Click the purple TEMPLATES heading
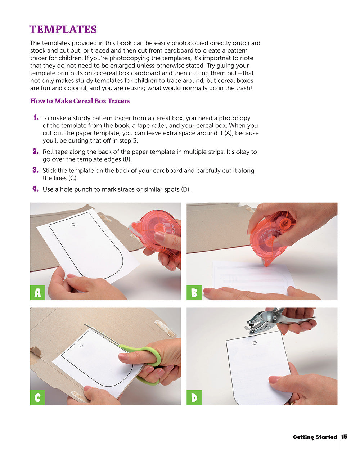point(63,29)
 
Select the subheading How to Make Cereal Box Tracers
point(80,101)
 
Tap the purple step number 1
point(36,117)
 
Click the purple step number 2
point(35,151)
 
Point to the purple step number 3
point(35,170)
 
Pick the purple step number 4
point(35,189)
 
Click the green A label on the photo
point(37,293)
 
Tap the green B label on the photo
point(194,293)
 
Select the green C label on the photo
point(37,397)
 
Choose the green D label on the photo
point(194,397)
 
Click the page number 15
point(344,437)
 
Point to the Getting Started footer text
point(315,437)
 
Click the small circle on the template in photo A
point(73,224)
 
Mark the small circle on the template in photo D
point(255,343)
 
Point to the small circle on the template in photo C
point(81,346)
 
